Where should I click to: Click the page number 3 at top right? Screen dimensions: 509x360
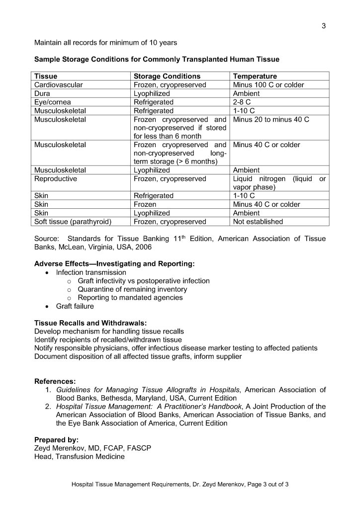pyautogui.click(x=323, y=26)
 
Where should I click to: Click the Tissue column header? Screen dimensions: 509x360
pyautogui.click(x=46, y=76)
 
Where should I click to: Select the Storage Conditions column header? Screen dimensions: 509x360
pyautogui.click(x=167, y=76)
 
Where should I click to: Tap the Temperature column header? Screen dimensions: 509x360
pyautogui.click(x=255, y=76)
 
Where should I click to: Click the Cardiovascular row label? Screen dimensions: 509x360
pyautogui.click(x=58, y=85)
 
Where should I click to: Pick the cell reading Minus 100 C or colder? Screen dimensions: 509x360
pyautogui.click(x=269, y=85)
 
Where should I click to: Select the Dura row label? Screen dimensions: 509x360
pyautogui.click(x=42, y=93)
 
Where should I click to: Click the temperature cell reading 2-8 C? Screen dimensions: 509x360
pyautogui.click(x=242, y=102)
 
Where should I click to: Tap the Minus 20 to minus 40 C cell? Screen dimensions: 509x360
pyautogui.click(x=271, y=120)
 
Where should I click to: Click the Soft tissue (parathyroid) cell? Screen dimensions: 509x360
pyautogui.click(x=73, y=222)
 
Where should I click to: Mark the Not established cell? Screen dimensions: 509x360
pyautogui.click(x=258, y=222)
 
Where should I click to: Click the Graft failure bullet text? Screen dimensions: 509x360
pyautogui.click(x=75, y=306)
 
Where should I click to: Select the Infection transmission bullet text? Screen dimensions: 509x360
pyautogui.click(x=91, y=272)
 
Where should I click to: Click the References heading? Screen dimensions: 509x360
pyautogui.click(x=55, y=381)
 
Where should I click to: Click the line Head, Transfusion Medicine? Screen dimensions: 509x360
pyautogui.click(x=79, y=457)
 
